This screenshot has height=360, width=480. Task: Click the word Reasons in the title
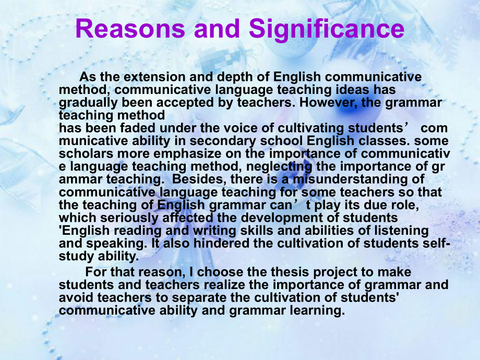[x=130, y=29]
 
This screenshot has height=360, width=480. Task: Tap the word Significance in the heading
[x=327, y=29]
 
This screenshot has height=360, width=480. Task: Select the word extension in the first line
[x=154, y=77]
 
